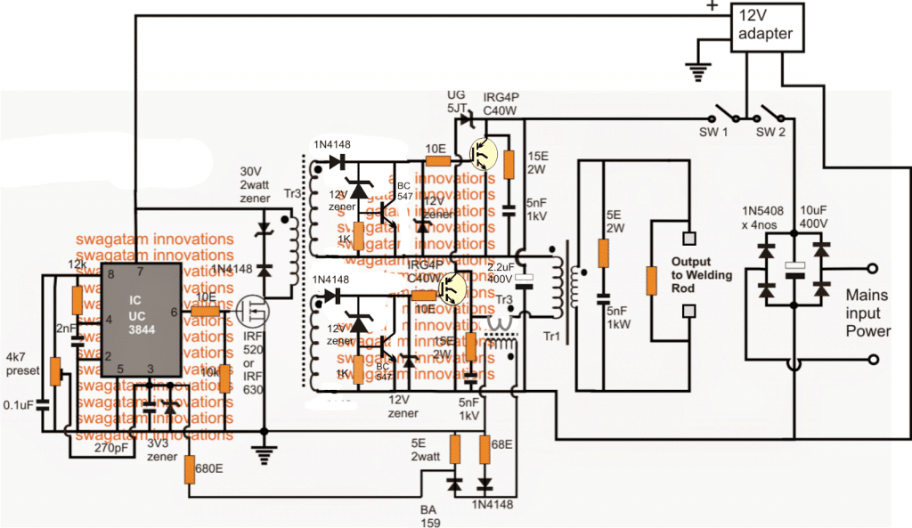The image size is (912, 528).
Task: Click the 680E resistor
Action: click(x=191, y=469)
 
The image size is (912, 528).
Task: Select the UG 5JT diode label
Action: click(x=458, y=101)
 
